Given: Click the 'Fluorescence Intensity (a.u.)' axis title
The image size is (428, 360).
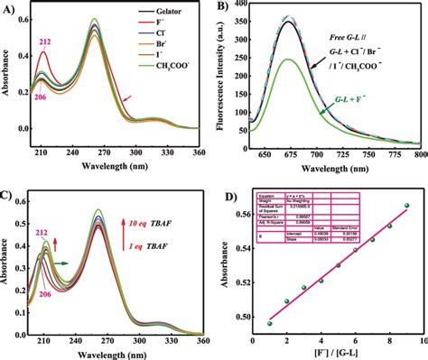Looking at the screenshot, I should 222,77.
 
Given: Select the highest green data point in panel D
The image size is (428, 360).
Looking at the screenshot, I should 407,206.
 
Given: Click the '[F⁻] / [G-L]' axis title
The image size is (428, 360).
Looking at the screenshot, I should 338,353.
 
